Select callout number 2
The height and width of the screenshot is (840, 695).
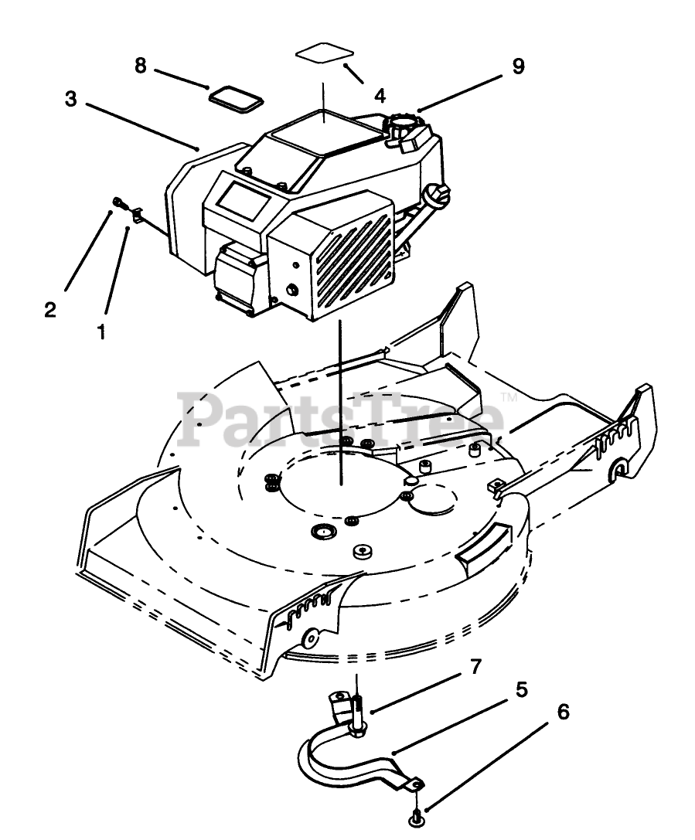(50, 310)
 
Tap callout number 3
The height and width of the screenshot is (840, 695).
(70, 100)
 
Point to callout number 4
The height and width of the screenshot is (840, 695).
(380, 96)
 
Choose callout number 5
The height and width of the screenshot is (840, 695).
(522, 689)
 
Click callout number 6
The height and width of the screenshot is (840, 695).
(563, 712)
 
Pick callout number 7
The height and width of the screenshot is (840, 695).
(476, 665)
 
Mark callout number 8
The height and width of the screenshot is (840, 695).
(140, 66)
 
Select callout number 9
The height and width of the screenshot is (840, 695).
(517, 66)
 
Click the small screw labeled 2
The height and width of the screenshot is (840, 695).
(117, 202)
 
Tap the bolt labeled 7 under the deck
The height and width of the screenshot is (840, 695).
(359, 715)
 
